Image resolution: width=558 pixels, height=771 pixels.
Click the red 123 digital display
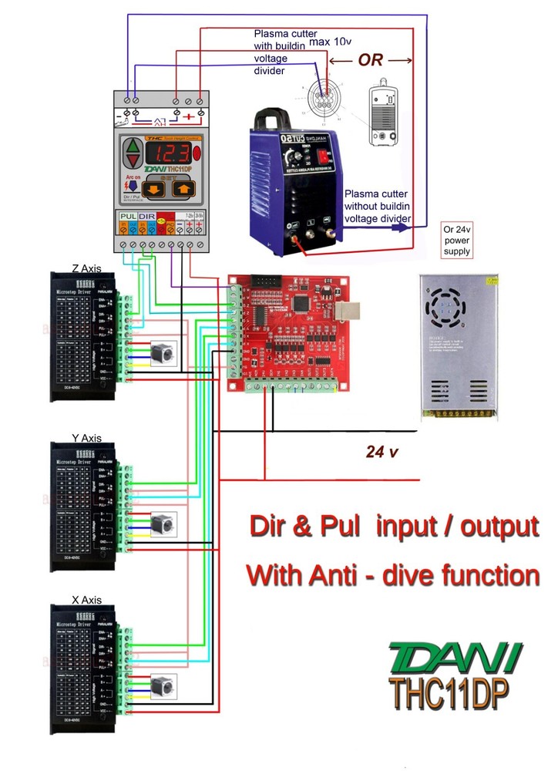point(170,150)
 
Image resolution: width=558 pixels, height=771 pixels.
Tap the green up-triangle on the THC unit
point(134,145)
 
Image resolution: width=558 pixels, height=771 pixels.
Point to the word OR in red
point(371,60)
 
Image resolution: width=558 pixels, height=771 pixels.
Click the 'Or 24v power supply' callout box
point(455,241)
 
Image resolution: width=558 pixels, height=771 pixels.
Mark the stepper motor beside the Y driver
point(164,524)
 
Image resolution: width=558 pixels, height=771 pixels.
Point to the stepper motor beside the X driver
point(164,688)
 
